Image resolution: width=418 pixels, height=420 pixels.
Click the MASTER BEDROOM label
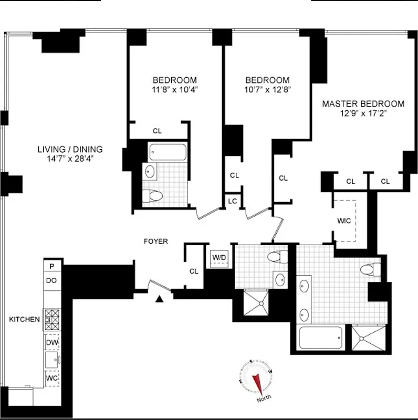363,104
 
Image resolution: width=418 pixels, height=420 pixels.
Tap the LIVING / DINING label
70,149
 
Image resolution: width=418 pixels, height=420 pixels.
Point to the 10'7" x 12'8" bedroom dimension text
267,89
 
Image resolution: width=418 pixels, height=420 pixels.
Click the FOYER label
156,241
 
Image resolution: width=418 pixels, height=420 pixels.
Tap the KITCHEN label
24,319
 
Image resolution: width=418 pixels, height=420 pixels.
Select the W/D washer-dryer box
218,258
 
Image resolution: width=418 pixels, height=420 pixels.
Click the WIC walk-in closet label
343,221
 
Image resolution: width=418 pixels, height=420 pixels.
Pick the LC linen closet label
232,201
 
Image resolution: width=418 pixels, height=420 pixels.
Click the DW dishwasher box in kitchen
51,342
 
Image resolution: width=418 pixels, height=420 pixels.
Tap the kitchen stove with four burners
51,319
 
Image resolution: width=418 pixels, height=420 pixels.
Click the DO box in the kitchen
51,281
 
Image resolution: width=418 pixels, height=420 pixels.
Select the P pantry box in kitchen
51,266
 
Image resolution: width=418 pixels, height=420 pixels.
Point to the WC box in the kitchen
51,378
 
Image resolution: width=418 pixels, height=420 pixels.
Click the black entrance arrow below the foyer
160,299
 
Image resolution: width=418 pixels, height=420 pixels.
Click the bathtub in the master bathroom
321,337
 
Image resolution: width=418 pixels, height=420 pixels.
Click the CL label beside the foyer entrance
194,271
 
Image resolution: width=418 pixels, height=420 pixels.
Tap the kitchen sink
51,360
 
